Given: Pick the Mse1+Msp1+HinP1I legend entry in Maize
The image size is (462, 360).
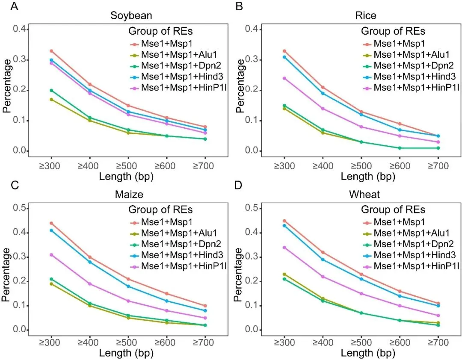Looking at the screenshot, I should pos(167,266).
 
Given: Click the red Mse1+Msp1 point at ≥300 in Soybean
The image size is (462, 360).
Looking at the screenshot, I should pos(51,51).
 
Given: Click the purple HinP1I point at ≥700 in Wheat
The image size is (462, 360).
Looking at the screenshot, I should pos(438,315).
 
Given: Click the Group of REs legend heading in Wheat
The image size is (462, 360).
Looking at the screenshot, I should pos(393,210).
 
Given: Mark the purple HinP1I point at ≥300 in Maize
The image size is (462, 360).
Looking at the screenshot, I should pos(51,255).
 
